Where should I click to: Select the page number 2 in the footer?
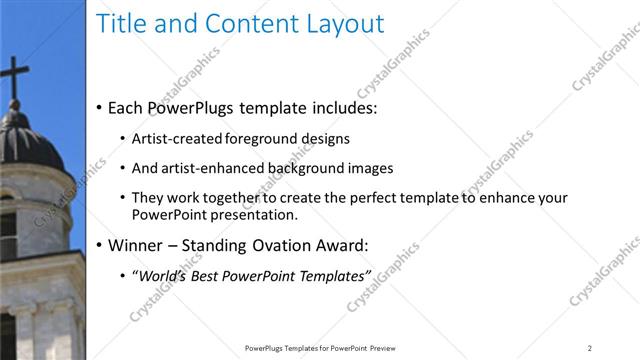point(590,347)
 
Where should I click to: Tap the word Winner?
point(141,245)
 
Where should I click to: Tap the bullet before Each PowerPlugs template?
point(100,108)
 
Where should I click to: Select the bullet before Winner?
point(100,245)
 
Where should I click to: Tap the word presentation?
point(254,214)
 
